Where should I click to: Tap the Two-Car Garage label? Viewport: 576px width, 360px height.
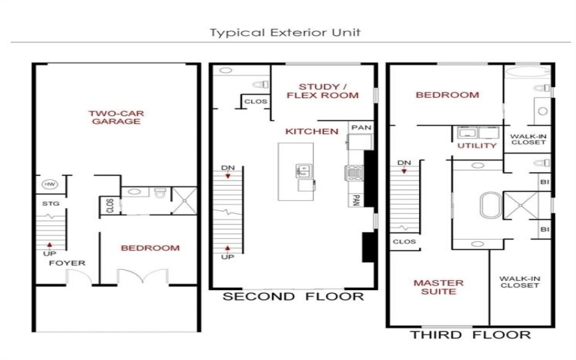114,117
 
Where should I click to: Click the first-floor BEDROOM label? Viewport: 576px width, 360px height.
150,248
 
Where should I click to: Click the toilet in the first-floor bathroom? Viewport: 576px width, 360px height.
160,192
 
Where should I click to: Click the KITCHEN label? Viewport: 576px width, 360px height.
312,132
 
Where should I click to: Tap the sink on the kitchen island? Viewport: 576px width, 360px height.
303,171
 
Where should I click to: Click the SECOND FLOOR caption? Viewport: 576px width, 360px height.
292,297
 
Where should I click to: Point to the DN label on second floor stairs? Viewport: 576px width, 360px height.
228,168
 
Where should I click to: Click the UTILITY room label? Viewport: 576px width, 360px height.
477,146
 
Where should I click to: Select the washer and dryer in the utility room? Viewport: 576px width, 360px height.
476,133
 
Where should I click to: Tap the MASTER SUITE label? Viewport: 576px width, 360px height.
438,287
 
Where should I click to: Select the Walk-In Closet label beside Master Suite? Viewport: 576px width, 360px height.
521,282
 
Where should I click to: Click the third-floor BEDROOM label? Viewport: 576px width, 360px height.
446,95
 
